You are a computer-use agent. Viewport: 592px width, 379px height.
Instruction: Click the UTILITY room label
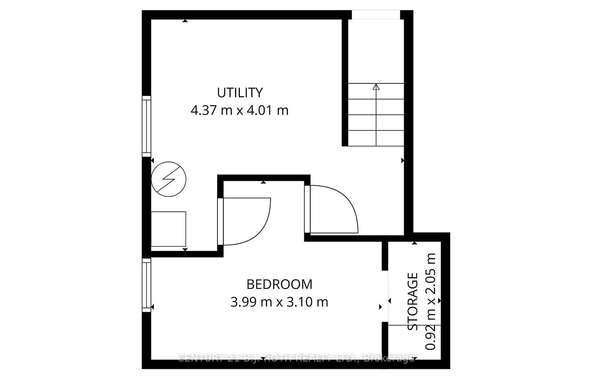240,93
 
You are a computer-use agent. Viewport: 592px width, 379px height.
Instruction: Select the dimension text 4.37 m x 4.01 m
240,110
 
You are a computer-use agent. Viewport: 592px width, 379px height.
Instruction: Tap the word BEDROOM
279,284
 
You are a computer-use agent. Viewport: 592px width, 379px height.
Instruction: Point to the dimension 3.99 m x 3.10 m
279,302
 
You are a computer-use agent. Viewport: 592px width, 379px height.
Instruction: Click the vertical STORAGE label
413,301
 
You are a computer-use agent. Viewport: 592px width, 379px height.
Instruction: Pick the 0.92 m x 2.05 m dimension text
430,301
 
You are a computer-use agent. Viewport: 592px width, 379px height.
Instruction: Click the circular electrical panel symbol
168,179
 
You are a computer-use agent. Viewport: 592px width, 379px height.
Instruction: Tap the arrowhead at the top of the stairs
376,87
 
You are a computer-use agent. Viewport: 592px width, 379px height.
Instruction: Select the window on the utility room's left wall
147,126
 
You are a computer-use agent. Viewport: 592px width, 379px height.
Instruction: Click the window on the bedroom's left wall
147,285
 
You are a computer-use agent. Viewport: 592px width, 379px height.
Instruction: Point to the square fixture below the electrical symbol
168,229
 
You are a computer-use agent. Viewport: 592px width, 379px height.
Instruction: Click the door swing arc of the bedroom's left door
261,229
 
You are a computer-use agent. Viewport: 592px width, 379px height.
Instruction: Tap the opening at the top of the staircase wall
376,15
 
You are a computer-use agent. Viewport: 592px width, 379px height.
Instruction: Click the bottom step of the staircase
376,138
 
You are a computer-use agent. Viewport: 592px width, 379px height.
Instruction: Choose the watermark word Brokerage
389,358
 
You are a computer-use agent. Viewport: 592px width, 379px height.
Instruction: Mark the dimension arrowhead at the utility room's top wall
185,21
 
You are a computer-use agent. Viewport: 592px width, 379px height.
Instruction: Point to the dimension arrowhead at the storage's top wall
414,243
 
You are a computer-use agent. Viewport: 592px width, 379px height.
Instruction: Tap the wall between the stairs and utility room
345,83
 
